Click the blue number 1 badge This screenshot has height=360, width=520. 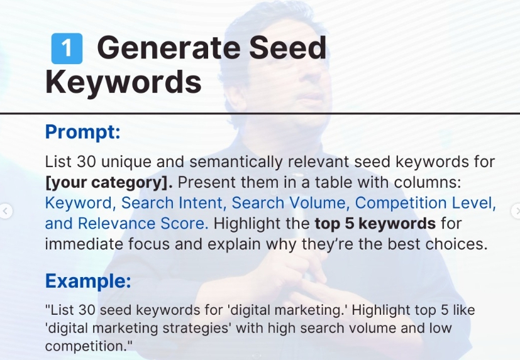pyautogui.click(x=67, y=48)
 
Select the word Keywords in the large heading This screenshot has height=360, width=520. pyautogui.click(x=123, y=82)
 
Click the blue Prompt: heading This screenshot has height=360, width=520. pyautogui.click(x=82, y=131)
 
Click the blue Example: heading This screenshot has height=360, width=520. pyautogui.click(x=88, y=281)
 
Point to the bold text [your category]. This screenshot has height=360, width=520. pyautogui.click(x=109, y=183)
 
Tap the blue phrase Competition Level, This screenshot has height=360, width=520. pyautogui.click(x=426, y=203)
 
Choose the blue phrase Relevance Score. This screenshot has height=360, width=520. pyautogui.click(x=143, y=224)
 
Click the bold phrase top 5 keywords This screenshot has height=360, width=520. pyautogui.click(x=375, y=224)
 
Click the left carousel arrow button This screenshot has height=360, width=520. pyautogui.click(x=5, y=211)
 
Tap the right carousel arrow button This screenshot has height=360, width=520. pyautogui.click(x=516, y=211)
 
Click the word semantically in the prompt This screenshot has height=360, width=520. pyautogui.click(x=236, y=162)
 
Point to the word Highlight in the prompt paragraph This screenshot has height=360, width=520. pyautogui.click(x=262, y=224)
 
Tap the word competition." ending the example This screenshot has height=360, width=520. pyautogui.click(x=89, y=346)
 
